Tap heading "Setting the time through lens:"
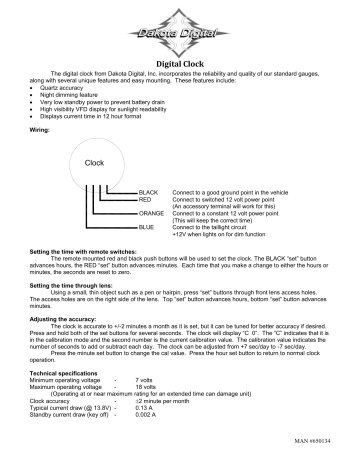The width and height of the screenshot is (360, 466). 76,285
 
